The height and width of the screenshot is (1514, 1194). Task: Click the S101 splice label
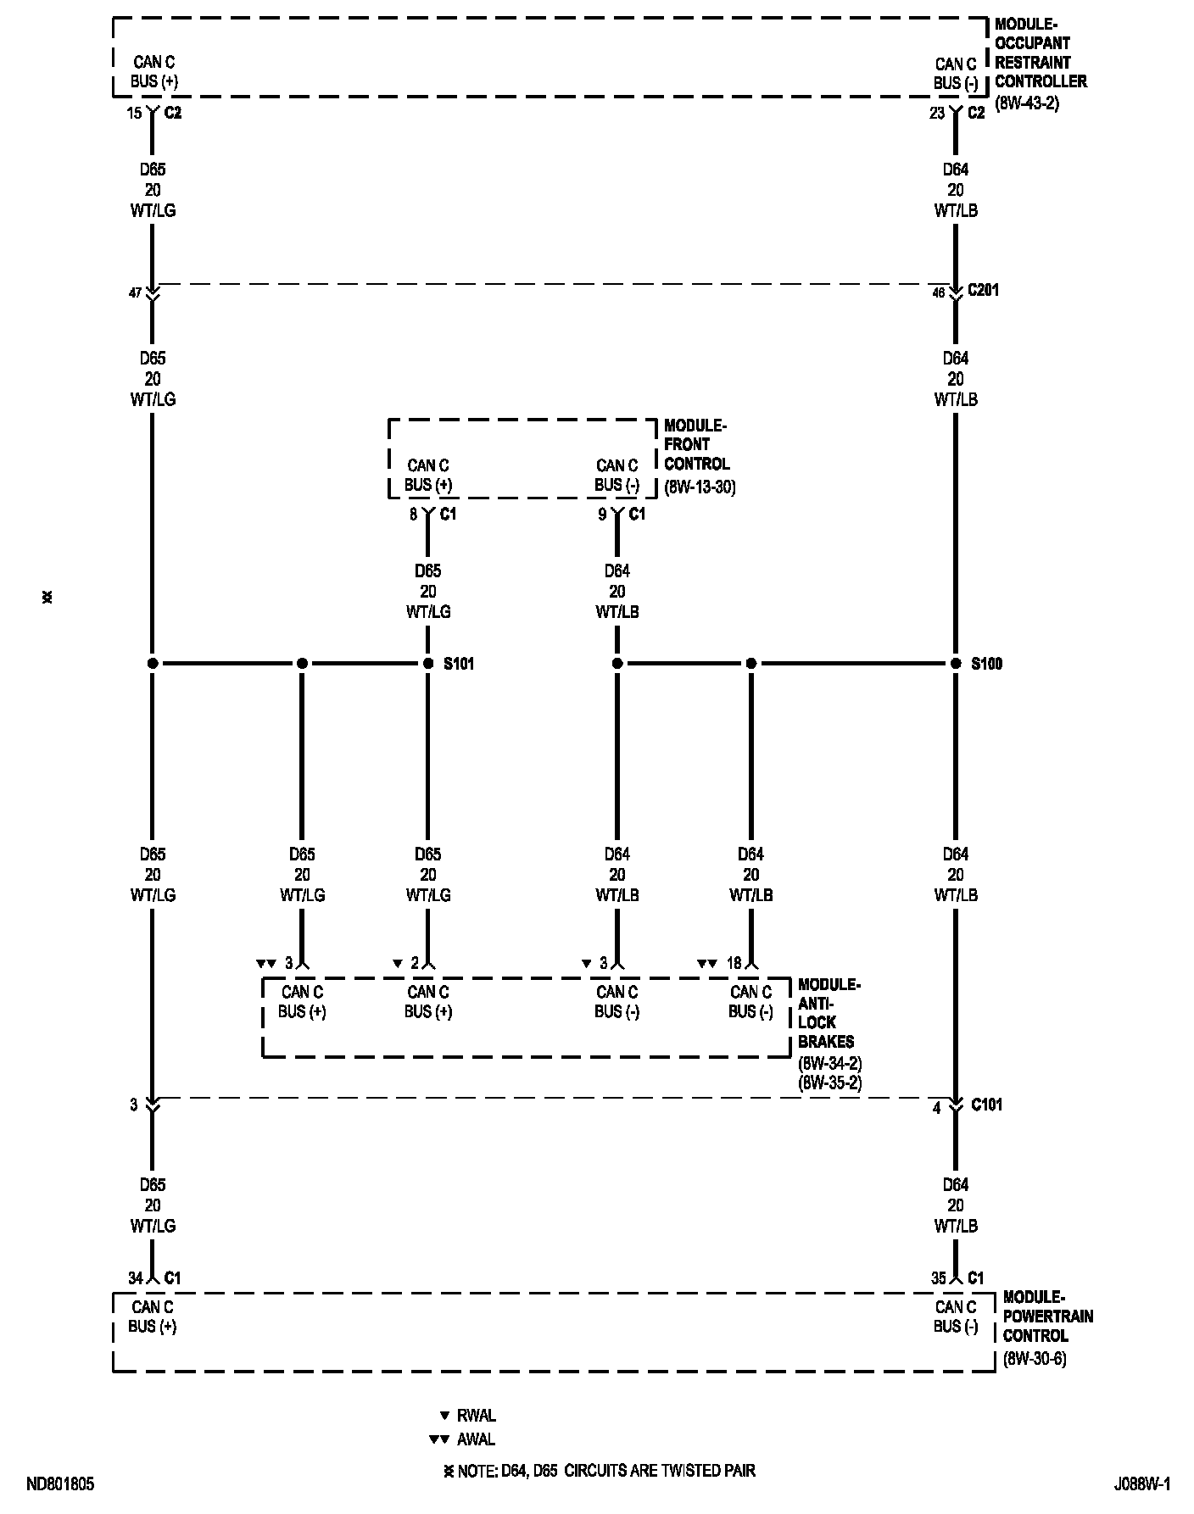tap(459, 663)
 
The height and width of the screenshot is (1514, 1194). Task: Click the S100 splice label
tap(986, 663)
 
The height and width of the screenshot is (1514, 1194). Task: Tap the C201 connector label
tap(985, 290)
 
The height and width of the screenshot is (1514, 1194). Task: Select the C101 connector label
tap(986, 1105)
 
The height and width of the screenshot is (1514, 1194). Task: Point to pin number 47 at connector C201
tap(135, 292)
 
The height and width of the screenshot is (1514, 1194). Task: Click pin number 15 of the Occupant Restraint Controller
tap(135, 113)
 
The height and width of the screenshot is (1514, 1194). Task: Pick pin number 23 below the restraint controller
tap(937, 113)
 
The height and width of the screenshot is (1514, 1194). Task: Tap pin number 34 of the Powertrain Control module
tap(136, 1278)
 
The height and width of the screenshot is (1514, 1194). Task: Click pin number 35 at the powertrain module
tap(938, 1278)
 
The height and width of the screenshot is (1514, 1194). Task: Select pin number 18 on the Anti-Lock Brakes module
tap(734, 963)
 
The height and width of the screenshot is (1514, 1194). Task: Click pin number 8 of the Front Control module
tap(414, 514)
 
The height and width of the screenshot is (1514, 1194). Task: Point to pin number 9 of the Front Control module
tap(602, 514)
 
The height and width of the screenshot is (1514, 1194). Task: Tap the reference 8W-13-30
tap(700, 487)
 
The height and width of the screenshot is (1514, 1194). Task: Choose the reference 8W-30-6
tap(1035, 1359)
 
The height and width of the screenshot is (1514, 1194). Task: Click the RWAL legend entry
tap(476, 1416)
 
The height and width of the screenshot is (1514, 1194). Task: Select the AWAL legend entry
tap(476, 1439)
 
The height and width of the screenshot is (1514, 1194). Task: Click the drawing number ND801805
tap(60, 1484)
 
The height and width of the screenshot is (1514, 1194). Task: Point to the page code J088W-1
tap(1142, 1484)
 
